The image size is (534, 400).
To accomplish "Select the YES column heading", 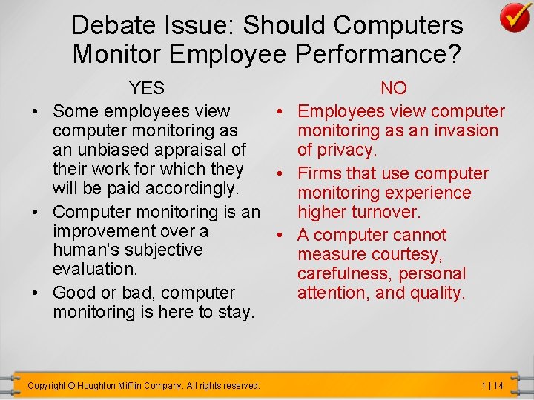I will pos(147,88).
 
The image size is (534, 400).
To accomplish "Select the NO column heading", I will pos(393,88).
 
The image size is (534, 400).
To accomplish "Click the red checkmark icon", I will pos(514,17).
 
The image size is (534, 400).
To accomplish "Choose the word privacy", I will pos(348,150).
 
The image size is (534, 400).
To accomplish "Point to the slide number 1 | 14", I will pos(491,386).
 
